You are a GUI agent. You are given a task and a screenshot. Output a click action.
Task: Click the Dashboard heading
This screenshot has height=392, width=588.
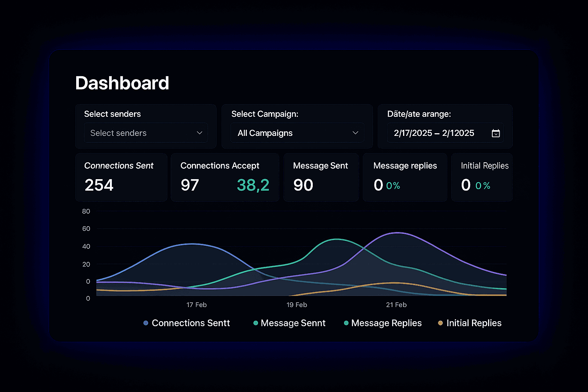(x=122, y=83)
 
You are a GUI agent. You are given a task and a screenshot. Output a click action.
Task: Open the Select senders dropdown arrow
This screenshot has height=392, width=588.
(x=199, y=133)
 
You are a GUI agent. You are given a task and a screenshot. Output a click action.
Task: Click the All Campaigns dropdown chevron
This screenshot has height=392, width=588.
(x=355, y=133)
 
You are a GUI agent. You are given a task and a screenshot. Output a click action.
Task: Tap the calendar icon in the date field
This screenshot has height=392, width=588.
(x=496, y=133)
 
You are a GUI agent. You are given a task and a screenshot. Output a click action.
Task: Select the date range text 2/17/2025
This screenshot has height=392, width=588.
(x=413, y=133)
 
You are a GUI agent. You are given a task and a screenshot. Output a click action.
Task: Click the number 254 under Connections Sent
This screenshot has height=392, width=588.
(x=99, y=185)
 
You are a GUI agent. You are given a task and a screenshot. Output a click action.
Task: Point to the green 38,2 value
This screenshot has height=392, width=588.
(x=253, y=185)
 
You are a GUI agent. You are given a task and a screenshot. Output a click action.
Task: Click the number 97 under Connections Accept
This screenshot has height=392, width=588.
(x=190, y=185)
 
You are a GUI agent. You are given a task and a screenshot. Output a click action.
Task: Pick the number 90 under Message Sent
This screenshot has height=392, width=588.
(x=303, y=185)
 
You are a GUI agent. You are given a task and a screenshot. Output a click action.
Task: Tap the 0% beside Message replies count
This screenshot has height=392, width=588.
(x=393, y=186)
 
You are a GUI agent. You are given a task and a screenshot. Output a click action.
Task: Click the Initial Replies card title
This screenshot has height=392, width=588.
(x=485, y=166)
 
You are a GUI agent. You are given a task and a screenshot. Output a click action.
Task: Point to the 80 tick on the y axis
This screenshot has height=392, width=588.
(x=86, y=211)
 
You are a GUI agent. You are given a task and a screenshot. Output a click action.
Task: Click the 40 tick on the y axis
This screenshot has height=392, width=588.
(x=86, y=247)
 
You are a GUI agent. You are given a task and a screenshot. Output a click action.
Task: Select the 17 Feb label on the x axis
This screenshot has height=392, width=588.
(x=197, y=305)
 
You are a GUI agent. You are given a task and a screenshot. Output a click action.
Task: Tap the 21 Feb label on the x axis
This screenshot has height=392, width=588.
(x=396, y=305)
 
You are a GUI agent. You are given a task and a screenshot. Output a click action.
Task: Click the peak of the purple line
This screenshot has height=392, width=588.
(x=398, y=233)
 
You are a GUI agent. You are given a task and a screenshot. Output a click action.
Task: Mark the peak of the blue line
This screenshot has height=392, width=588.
(x=192, y=244)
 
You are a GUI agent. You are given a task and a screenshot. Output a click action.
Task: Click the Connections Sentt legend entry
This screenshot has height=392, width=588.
(x=187, y=323)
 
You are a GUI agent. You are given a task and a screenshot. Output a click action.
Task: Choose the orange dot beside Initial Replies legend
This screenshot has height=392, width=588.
(x=441, y=323)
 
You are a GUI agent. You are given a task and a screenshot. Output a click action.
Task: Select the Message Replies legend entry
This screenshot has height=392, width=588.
(x=383, y=323)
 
